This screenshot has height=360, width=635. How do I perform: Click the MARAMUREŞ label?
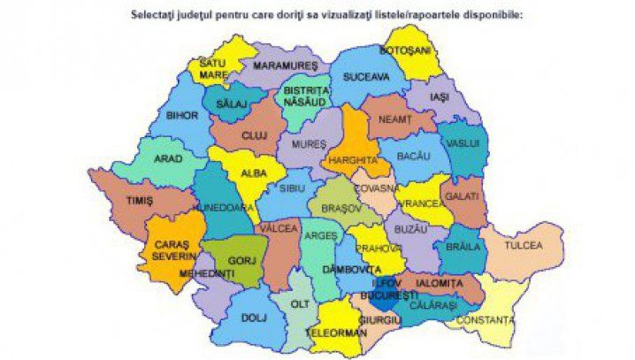coord(286,66)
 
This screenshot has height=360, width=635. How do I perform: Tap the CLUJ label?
coord(254,137)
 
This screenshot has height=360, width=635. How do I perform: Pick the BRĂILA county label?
coord(462,247)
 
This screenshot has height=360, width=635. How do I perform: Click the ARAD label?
coord(168,159)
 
